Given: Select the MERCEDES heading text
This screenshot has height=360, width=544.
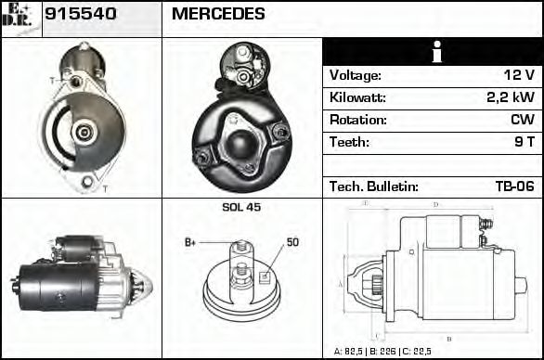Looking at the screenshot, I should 218,15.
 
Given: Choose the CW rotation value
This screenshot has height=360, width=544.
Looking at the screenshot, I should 522,121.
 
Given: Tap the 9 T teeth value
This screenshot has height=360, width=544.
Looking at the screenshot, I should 524,143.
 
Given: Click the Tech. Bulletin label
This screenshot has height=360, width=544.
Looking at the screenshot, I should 374,186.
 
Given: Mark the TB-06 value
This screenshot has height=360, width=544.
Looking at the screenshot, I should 514,186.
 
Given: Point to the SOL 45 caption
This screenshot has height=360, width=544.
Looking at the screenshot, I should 241,208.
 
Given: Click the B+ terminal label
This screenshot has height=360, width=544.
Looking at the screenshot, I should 190,242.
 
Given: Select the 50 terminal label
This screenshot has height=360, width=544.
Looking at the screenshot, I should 292,242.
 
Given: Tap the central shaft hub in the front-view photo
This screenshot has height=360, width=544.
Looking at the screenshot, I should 84,132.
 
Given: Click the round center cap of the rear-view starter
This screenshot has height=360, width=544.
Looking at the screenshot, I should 241,144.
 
